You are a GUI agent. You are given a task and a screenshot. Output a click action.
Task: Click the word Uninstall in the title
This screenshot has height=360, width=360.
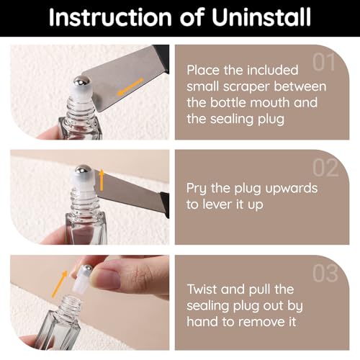261,17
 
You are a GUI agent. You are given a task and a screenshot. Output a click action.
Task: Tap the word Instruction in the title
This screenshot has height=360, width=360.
110,17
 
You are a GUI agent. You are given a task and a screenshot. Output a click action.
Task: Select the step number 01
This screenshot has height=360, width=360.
324,62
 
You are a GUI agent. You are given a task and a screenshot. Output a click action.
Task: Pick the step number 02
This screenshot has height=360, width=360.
325,168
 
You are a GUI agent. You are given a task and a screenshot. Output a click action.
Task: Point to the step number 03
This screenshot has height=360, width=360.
325,274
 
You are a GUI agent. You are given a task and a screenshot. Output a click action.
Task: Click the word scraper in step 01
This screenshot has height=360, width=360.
246,86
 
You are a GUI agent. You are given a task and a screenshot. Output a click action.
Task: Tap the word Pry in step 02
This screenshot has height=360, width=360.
197,189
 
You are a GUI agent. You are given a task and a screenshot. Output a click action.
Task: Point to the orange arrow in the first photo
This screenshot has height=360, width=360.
130,87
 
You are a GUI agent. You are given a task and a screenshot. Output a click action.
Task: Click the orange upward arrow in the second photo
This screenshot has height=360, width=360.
102,180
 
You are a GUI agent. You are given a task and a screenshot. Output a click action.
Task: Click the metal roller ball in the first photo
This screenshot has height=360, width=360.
81,81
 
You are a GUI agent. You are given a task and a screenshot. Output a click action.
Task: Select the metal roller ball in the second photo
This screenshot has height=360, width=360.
84,169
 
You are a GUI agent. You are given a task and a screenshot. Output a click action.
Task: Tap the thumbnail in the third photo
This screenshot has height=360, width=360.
106,279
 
